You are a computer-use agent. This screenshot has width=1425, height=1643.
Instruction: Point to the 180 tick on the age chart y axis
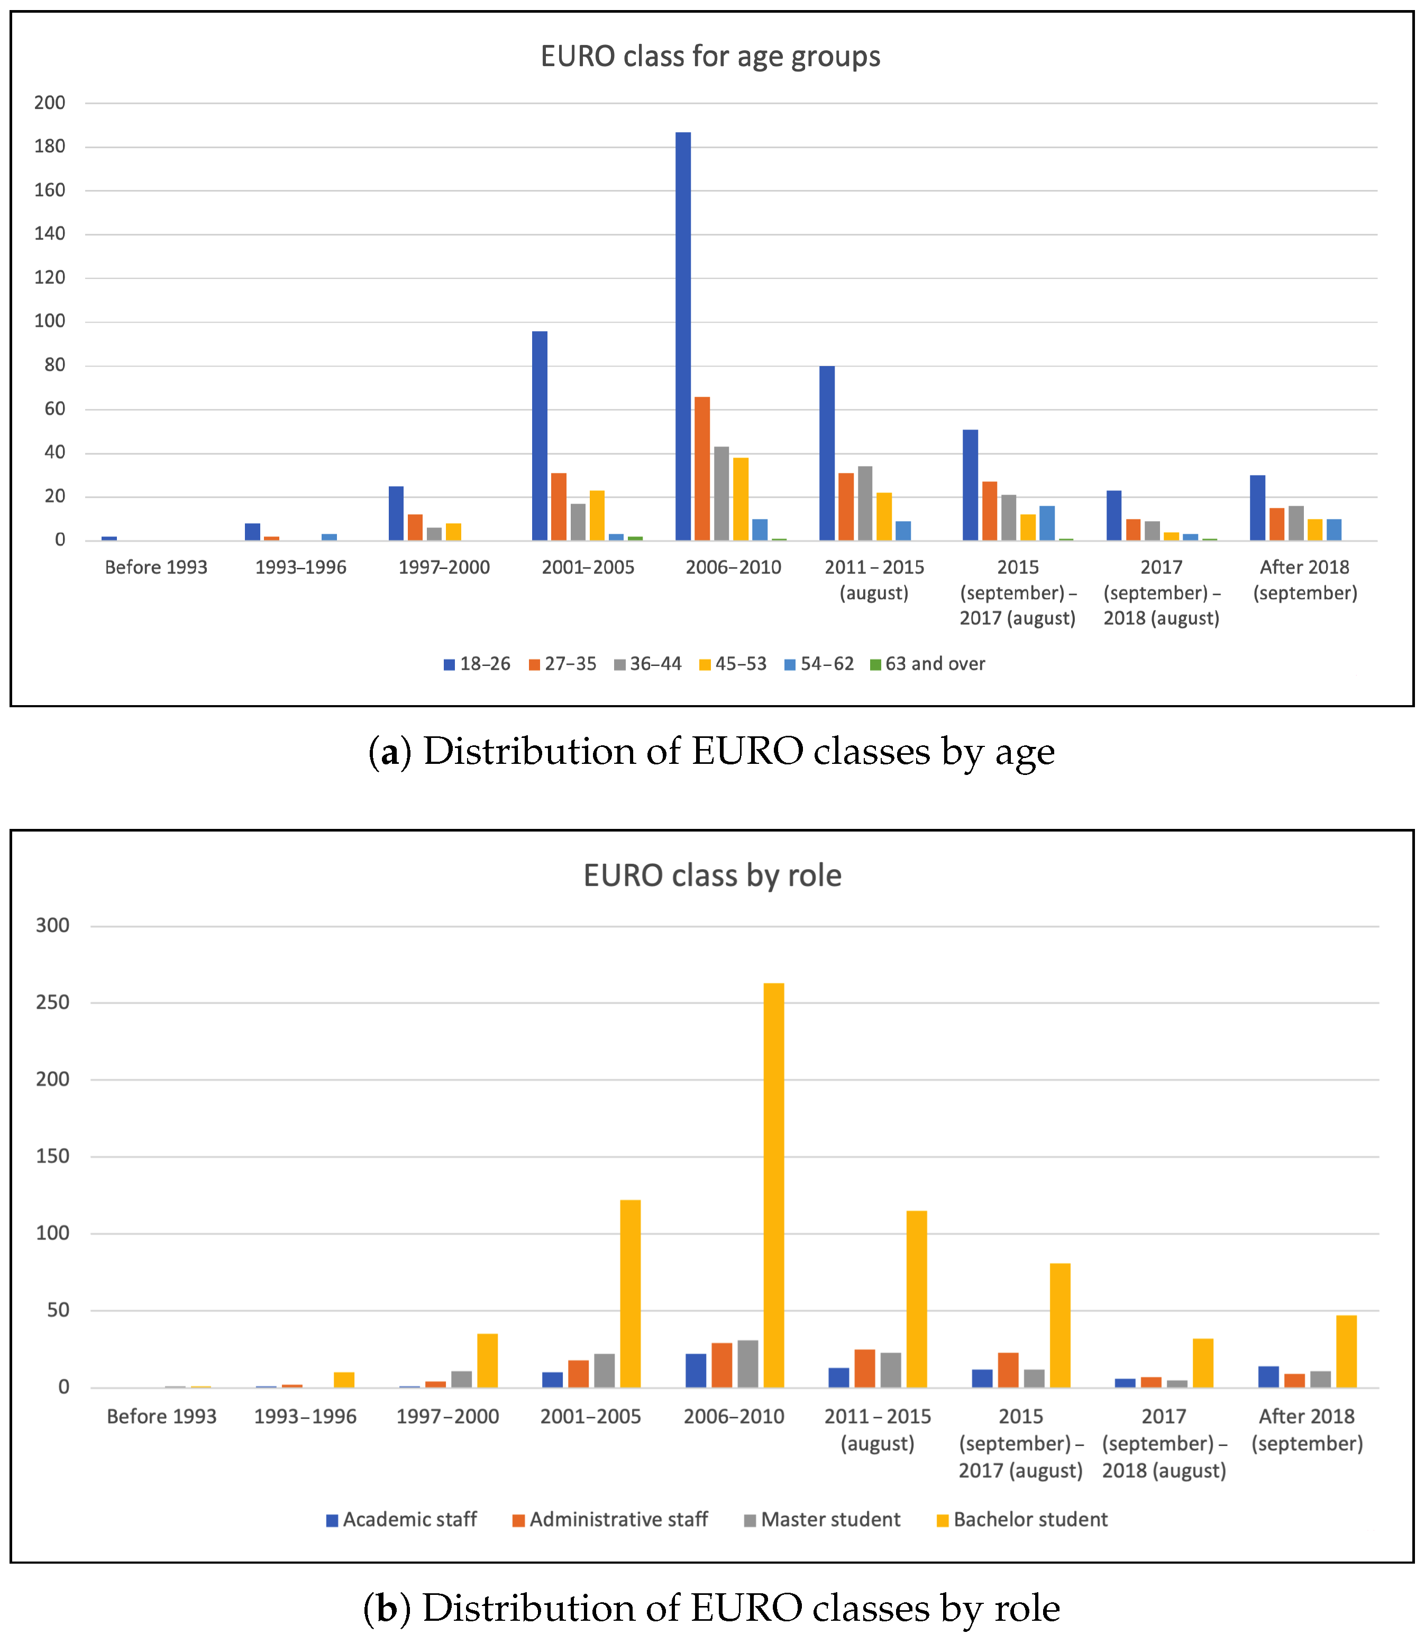coord(49,147)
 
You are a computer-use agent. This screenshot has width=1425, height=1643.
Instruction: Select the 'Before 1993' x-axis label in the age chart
coord(156,567)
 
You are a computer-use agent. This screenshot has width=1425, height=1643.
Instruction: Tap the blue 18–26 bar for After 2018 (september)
coord(1257,508)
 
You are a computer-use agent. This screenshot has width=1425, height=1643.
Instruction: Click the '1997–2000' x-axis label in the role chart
coord(447,1417)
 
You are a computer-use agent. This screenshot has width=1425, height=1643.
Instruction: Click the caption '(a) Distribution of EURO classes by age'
coord(711,752)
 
